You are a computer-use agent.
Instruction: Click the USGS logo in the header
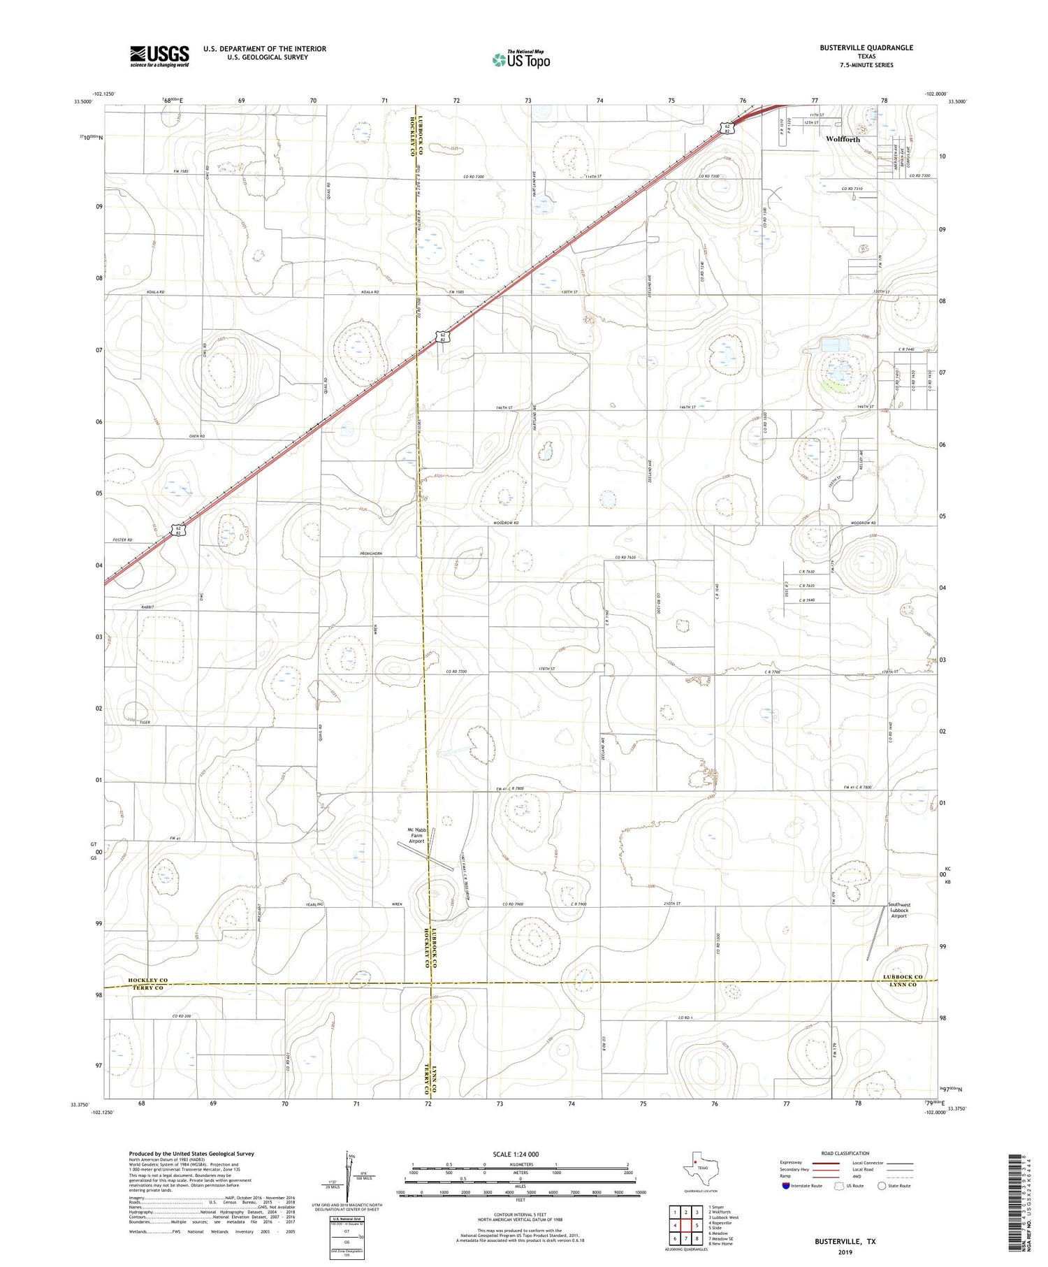(x=159, y=56)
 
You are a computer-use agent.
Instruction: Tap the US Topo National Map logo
(x=521, y=59)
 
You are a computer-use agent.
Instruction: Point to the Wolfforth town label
(x=843, y=139)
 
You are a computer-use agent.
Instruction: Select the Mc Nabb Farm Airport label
(x=416, y=835)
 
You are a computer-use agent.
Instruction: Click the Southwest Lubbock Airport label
(x=898, y=910)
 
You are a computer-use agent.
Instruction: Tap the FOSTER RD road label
(x=122, y=540)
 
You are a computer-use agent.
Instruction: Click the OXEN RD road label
(x=196, y=436)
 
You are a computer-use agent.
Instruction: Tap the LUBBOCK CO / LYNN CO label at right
(x=902, y=980)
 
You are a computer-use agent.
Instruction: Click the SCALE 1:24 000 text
(x=520, y=1154)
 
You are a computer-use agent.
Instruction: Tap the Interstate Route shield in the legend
(x=786, y=1186)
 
